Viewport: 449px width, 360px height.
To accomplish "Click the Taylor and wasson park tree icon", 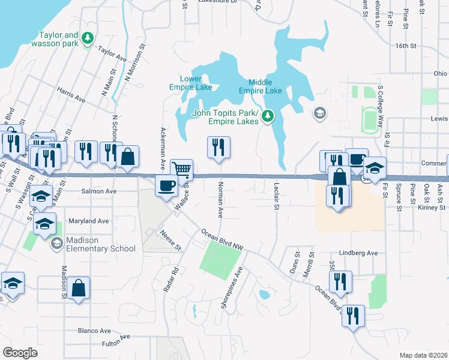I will pyautogui.click(x=88, y=38).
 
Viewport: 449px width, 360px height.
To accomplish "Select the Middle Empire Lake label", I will pyautogui.click(x=260, y=86).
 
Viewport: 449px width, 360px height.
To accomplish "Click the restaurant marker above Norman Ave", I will pyautogui.click(x=218, y=147).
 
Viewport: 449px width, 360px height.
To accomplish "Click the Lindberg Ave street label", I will pyautogui.click(x=358, y=253).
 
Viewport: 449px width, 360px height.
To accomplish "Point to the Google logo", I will pyautogui.click(x=20, y=353).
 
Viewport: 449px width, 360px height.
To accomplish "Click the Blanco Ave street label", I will pyautogui.click(x=94, y=331).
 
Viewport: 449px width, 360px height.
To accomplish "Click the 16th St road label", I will pyautogui.click(x=406, y=46).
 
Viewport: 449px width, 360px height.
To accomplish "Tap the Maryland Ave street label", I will pyautogui.click(x=88, y=221).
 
